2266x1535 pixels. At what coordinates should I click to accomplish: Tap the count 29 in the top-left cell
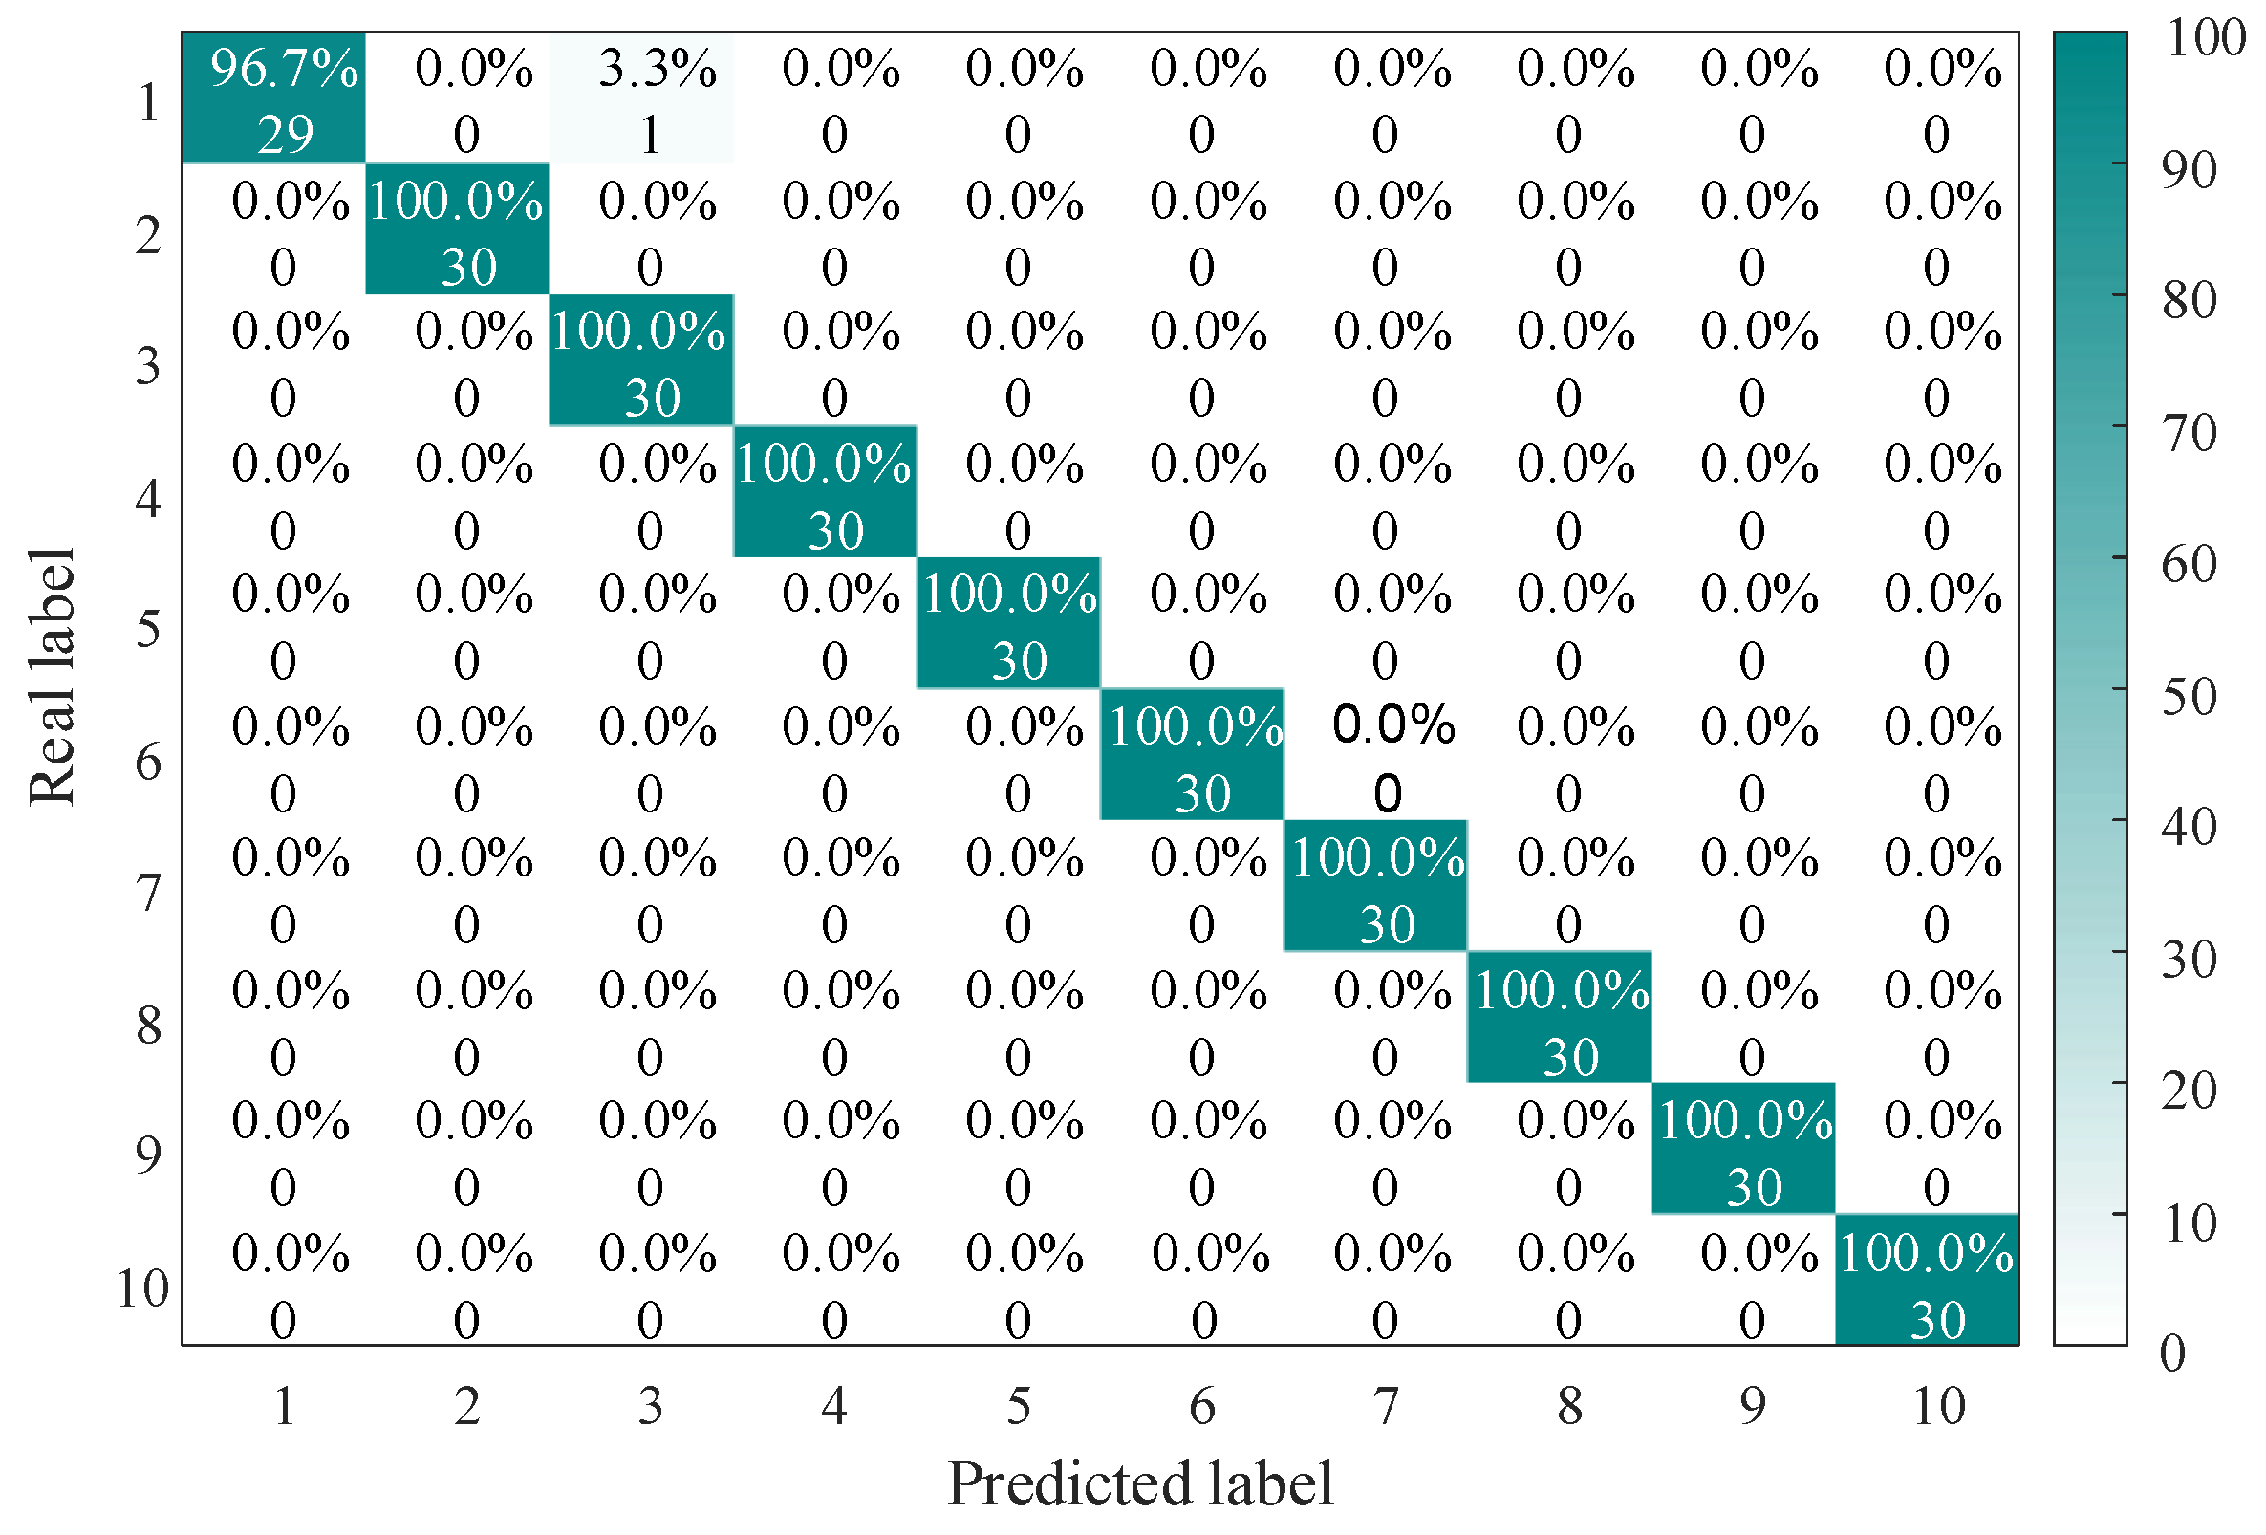[285, 134]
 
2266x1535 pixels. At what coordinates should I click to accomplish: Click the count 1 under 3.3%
[650, 135]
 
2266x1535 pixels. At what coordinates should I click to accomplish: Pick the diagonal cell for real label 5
[1008, 623]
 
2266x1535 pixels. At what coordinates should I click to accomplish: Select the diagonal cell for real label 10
[1926, 1280]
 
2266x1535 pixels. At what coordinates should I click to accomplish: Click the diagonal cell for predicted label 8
[1559, 1017]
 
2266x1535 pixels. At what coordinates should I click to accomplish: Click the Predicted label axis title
[1140, 1483]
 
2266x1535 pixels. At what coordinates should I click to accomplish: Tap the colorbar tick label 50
[2189, 697]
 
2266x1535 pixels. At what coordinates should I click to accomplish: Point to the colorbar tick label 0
[2172, 1352]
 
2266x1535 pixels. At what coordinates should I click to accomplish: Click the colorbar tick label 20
[2189, 1091]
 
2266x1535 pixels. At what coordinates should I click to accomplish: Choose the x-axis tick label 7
[1386, 1405]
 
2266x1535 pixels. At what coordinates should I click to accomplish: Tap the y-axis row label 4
[147, 498]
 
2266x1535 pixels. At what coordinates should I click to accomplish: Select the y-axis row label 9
[147, 1155]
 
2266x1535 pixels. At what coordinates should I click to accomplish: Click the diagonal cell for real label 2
[456, 228]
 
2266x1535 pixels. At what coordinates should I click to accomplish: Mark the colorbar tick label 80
[2189, 300]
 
